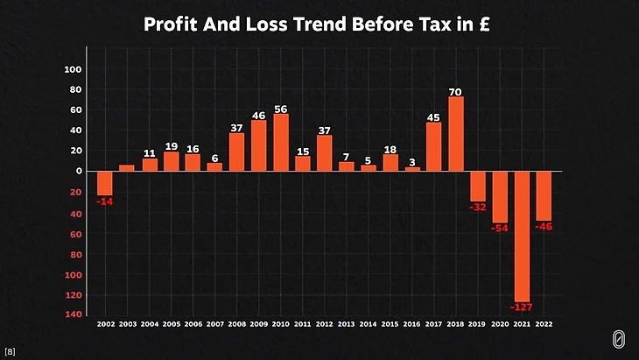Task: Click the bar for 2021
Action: (522, 236)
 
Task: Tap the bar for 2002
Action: (105, 183)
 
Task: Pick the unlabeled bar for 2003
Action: (127, 168)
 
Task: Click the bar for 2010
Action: (281, 143)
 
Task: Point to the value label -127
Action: (522, 307)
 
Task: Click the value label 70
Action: (455, 92)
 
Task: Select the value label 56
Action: (280, 109)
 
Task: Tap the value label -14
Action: (105, 202)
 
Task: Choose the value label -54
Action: (500, 228)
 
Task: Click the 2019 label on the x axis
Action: (477, 324)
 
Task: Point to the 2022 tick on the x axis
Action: (544, 324)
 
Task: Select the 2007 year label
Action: (215, 324)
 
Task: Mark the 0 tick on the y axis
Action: (78, 172)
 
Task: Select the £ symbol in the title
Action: (488, 25)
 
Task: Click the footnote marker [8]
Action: (10, 351)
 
